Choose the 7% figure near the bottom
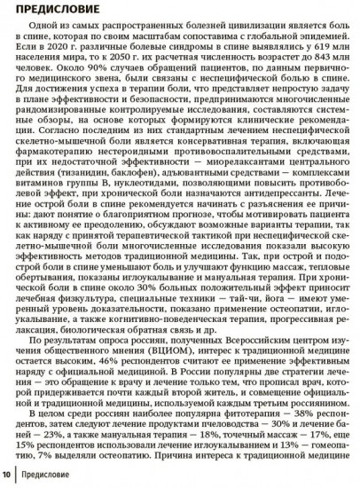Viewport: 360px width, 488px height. (x=23, y=483)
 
